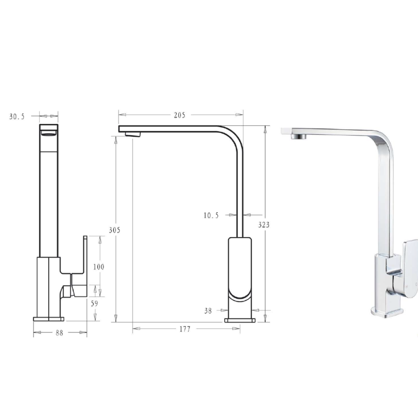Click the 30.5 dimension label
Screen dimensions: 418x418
point(17,117)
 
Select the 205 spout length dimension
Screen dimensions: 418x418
point(179,115)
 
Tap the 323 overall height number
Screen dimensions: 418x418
point(264,224)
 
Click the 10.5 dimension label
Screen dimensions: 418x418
point(211,215)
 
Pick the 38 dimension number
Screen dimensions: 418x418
point(208,310)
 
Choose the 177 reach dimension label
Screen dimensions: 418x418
point(184,329)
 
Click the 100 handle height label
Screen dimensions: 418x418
point(98,267)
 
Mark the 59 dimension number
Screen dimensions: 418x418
point(94,303)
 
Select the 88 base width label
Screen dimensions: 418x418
point(59,333)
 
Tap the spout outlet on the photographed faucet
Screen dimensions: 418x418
point(298,136)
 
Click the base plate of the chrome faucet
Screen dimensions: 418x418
point(388,311)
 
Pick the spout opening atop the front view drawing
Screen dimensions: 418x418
point(48,130)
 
